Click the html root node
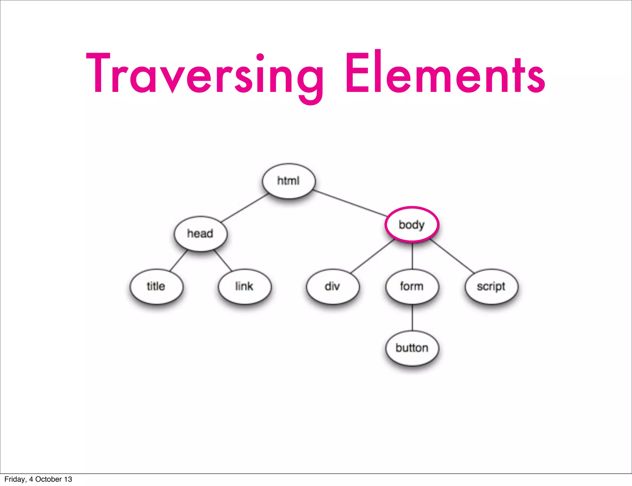pos(289,181)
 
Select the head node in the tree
pos(200,233)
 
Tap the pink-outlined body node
pos(412,224)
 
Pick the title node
pos(156,286)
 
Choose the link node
pos(244,286)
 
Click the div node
pos(333,286)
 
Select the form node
pos(412,286)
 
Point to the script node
pos(491,286)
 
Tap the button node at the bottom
pos(412,348)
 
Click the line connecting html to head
pos(245,208)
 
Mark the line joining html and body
pos(350,203)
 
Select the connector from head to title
pos(178,261)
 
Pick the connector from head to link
pos(223,261)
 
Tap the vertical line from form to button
pos(412,318)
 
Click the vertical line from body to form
pos(412,256)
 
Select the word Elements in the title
pos(445,74)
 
